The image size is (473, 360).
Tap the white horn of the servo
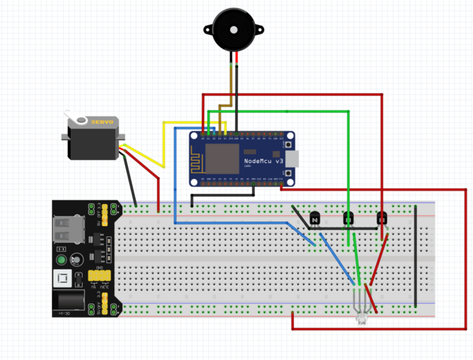pyautogui.click(x=80, y=120)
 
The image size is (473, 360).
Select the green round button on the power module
pyautogui.click(x=60, y=260)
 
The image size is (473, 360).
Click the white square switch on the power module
pyautogui.click(x=62, y=279)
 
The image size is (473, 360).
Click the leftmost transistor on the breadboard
pyautogui.click(x=315, y=218)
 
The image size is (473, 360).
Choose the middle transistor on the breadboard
pyautogui.click(x=348, y=218)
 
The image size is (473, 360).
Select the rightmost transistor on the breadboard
pyautogui.click(x=382, y=218)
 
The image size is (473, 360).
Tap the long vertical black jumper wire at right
pyautogui.click(x=415, y=256)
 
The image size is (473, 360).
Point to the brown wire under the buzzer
pyautogui.click(x=231, y=87)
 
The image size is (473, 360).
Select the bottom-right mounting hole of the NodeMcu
pyautogui.click(x=291, y=181)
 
